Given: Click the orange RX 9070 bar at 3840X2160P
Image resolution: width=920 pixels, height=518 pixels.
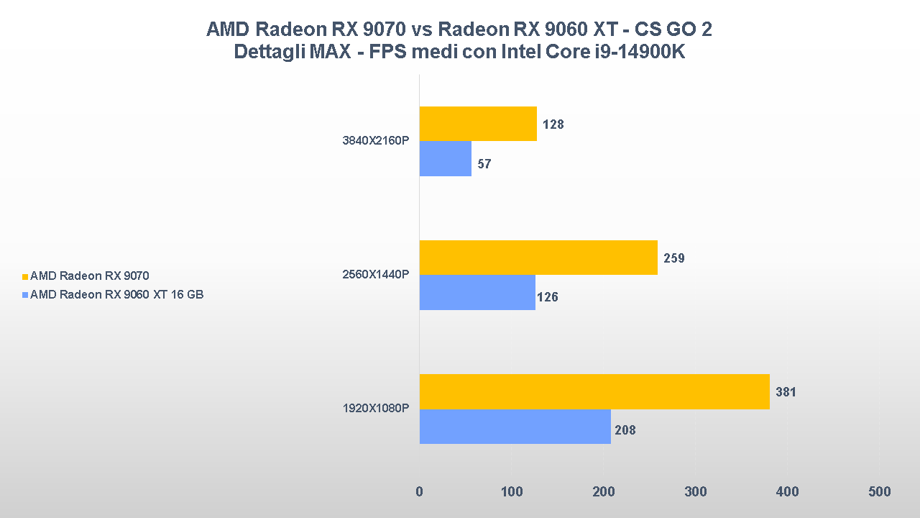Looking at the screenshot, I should [478, 124].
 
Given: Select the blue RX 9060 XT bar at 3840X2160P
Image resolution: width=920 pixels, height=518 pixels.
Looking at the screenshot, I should [446, 159].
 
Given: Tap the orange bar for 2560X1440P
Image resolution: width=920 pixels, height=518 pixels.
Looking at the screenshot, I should [538, 258].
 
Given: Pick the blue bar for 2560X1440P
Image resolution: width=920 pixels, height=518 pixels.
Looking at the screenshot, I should [477, 293].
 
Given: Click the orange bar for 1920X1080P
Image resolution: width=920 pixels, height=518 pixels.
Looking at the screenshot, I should [594, 392].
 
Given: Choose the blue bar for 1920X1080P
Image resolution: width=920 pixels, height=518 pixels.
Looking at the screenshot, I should [515, 427].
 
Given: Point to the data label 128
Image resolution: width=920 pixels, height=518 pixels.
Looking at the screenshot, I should [553, 124].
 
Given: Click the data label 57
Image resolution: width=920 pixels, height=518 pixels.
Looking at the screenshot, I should [484, 164].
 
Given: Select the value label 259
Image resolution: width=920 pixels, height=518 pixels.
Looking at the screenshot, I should [673, 258].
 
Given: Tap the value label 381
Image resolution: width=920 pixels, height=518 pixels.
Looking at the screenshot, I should [786, 393].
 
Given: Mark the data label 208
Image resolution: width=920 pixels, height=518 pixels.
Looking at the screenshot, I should [625, 431].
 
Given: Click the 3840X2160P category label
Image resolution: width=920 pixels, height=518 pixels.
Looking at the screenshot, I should [375, 141].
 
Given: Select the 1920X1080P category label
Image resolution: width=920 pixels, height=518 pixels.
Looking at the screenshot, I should [375, 409].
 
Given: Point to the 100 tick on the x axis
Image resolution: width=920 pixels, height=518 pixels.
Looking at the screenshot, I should [511, 492].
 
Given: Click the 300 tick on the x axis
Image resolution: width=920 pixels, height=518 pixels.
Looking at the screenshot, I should [695, 492].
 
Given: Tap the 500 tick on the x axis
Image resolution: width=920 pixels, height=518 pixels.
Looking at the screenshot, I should [879, 492].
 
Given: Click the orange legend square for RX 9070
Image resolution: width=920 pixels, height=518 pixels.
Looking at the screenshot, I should [25, 276].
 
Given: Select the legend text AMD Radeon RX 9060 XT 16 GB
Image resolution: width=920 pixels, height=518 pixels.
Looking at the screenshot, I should [116, 294].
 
